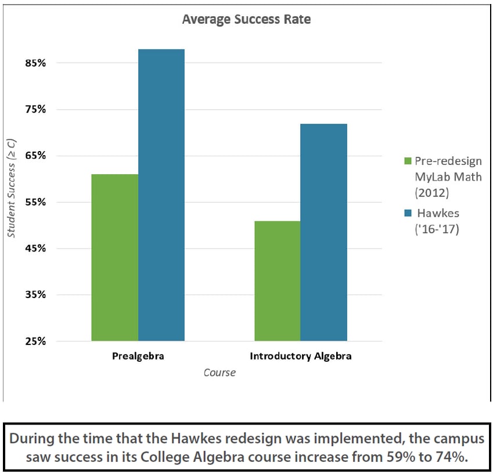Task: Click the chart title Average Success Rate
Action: click(x=246, y=20)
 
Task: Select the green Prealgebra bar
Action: click(x=115, y=257)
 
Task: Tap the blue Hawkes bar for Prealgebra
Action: click(x=161, y=195)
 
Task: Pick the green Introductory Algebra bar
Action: click(x=278, y=281)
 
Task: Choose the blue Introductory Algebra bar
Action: click(x=324, y=232)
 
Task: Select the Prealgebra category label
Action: click(x=138, y=356)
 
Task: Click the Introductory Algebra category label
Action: click(x=301, y=356)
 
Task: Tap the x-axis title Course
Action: click(x=219, y=373)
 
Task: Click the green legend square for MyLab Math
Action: click(x=408, y=161)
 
